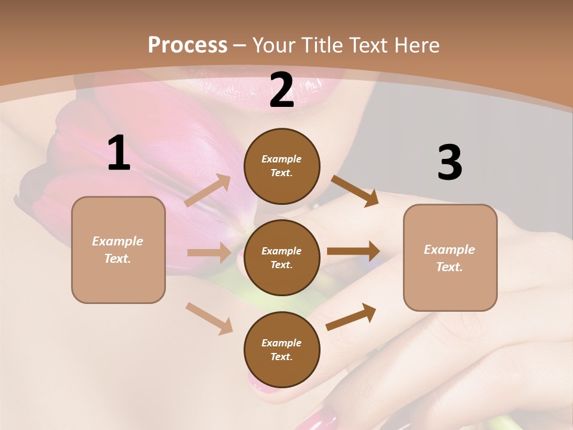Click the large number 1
(119, 153)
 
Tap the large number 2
(282, 91)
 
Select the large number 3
(449, 163)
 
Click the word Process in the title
(187, 45)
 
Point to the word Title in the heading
(321, 45)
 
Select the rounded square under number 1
(118, 250)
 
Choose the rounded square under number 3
(450, 257)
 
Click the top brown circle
(282, 166)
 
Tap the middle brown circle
(282, 257)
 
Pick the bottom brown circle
(282, 349)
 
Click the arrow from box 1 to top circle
(208, 191)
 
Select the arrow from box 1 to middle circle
(209, 253)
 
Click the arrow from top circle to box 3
(355, 191)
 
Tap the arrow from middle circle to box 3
(353, 251)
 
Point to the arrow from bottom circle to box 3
(351, 317)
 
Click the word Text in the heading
(365, 45)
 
